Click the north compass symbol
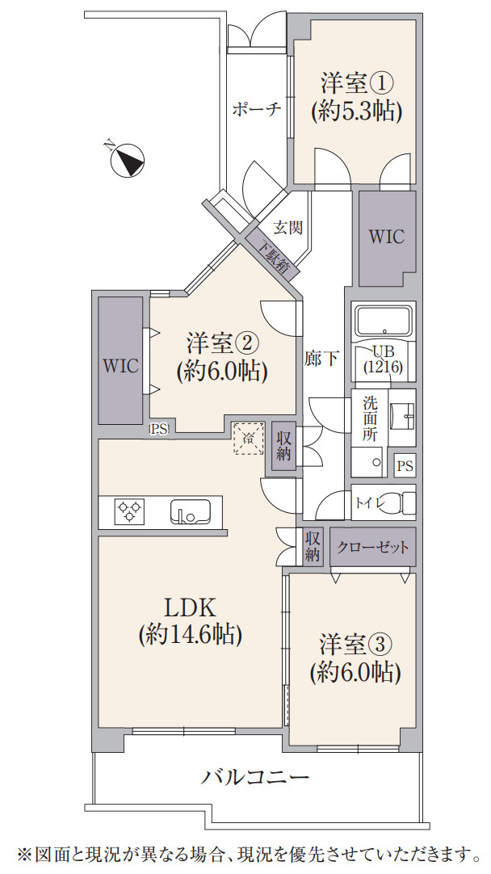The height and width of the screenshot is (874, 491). click(x=128, y=159)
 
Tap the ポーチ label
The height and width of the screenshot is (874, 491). click(x=256, y=110)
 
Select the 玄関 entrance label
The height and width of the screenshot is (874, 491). click(x=287, y=228)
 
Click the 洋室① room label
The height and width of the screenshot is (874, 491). click(x=356, y=83)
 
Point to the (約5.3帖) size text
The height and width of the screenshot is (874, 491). click(x=356, y=111)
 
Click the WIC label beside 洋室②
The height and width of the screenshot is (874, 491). click(x=120, y=364)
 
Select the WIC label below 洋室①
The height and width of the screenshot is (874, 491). click(x=386, y=237)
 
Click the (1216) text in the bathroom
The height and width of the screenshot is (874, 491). click(x=384, y=367)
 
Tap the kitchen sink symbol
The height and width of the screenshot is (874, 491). click(x=190, y=511)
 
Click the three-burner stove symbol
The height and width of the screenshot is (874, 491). click(x=130, y=512)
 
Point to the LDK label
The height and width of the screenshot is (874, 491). click(x=189, y=607)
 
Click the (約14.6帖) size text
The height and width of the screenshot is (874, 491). click(x=189, y=634)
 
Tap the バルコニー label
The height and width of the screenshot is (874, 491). click(x=255, y=778)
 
